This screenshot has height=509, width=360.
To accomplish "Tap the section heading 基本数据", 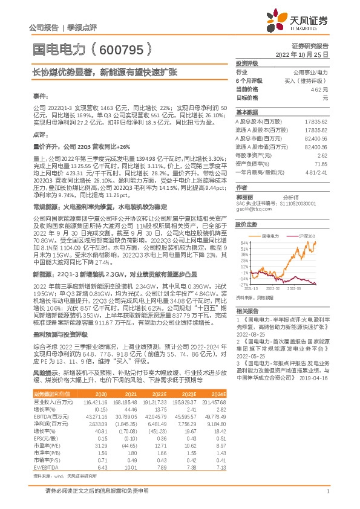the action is (246, 113).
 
